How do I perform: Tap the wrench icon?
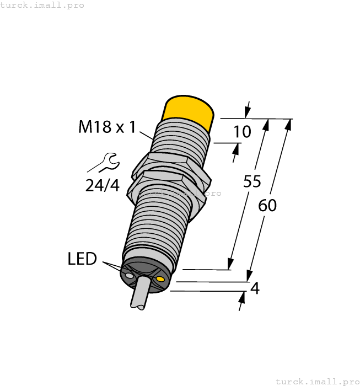[x=103, y=163]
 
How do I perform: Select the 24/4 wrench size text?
[x=102, y=186]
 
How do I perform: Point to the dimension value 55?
[x=252, y=183]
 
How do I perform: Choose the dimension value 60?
[x=267, y=205]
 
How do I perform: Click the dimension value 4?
[x=255, y=288]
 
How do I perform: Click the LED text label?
[x=82, y=259]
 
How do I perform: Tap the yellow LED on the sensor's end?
[x=160, y=281]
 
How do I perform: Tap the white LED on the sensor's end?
[x=129, y=275]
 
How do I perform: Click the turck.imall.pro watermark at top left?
[x=42, y=5]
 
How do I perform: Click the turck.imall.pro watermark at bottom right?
[x=317, y=381]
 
